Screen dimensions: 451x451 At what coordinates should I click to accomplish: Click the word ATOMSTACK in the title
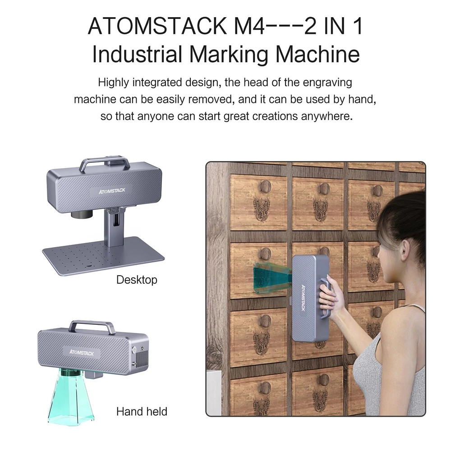[157, 26]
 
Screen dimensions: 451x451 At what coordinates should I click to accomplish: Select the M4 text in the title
[249, 26]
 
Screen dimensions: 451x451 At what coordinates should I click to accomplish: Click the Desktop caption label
[137, 280]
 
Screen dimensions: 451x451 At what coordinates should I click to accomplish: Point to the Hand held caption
[142, 412]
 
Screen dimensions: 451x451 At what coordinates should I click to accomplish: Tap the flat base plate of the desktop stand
[103, 256]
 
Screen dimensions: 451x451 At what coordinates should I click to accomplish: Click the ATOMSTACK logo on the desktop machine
[112, 191]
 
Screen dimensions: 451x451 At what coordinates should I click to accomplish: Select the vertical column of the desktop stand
[114, 227]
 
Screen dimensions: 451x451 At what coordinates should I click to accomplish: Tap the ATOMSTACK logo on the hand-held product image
[81, 352]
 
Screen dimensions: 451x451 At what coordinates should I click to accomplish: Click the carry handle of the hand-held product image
[92, 327]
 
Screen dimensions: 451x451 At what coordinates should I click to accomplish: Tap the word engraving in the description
[327, 83]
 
